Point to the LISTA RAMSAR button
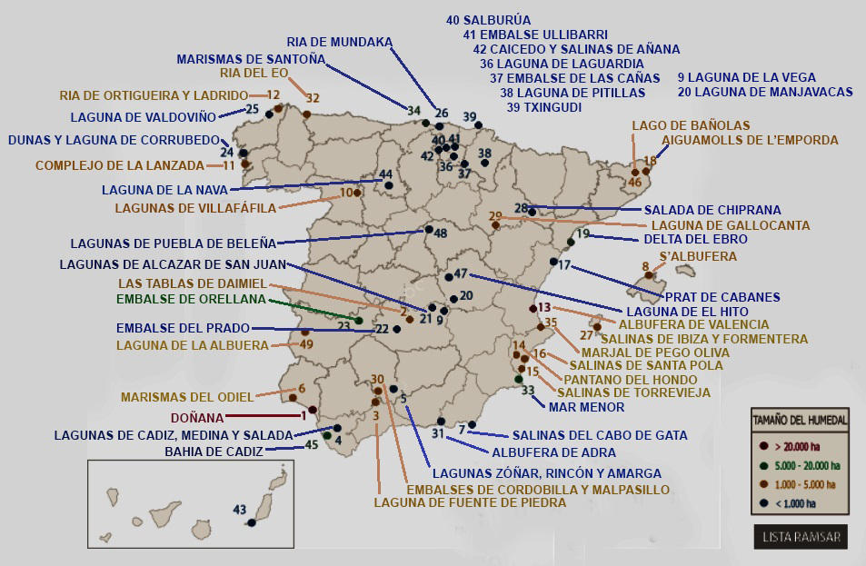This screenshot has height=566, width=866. (x=799, y=537)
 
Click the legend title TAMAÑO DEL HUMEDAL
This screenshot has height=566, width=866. (x=800, y=420)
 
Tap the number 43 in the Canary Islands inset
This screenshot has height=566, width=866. (x=240, y=509)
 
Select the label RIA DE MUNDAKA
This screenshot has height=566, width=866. (x=340, y=42)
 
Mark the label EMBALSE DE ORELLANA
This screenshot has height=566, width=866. (x=191, y=298)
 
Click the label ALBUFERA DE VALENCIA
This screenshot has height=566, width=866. (x=693, y=324)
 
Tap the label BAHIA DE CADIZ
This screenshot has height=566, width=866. (x=214, y=451)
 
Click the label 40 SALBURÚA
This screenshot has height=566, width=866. (x=488, y=19)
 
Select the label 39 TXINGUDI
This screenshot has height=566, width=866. (x=544, y=106)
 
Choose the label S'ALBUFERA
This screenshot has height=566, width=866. (x=698, y=257)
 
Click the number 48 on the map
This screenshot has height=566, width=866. (x=441, y=233)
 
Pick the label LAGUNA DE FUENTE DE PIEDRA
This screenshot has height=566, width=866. (x=470, y=502)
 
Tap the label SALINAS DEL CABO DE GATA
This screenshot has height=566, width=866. (x=600, y=435)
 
